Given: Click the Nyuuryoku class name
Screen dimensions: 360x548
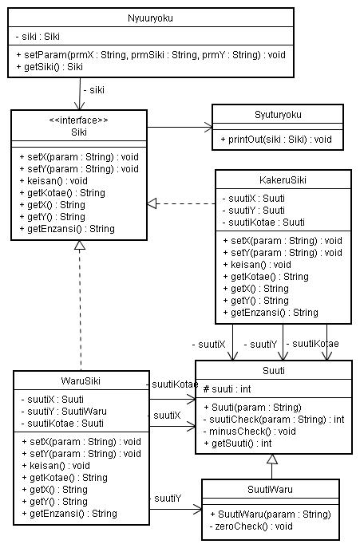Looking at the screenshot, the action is tap(150, 18).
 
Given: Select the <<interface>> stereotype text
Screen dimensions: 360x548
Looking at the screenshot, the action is tap(79, 120).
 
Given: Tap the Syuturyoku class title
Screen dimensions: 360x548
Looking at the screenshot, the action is tap(278, 115).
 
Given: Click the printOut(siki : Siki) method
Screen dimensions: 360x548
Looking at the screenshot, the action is tap(276, 140).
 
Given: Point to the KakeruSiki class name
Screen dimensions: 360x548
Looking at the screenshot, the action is tap(283, 180).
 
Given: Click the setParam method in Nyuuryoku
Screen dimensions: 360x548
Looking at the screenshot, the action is tap(151, 55).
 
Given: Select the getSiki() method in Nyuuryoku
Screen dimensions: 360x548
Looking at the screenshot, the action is tap(49, 67).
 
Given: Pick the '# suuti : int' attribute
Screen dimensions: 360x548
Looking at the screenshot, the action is tap(227, 389).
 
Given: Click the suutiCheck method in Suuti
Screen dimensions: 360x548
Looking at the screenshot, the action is tap(274, 420).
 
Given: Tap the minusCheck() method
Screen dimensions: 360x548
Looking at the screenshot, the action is tap(250, 432).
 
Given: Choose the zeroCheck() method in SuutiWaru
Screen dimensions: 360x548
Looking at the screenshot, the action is tap(251, 526).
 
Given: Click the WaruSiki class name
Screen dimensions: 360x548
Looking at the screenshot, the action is tap(81, 380).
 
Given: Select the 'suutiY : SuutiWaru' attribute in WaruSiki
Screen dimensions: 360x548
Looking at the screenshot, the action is tap(64, 412).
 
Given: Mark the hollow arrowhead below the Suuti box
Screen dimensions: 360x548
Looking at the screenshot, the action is tap(272, 459).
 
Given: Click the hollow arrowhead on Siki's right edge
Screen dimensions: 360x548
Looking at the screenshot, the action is tap(152, 203).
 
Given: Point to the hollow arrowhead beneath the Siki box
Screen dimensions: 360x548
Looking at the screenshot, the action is tap(80, 245).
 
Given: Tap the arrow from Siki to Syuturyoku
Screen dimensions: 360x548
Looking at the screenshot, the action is tap(180, 127).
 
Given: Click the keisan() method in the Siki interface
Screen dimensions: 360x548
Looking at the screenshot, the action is tap(53, 181).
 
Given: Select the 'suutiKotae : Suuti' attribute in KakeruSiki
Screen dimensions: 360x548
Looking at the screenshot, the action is tap(263, 223).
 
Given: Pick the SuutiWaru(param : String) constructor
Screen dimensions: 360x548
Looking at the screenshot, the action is tap(271, 514).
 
